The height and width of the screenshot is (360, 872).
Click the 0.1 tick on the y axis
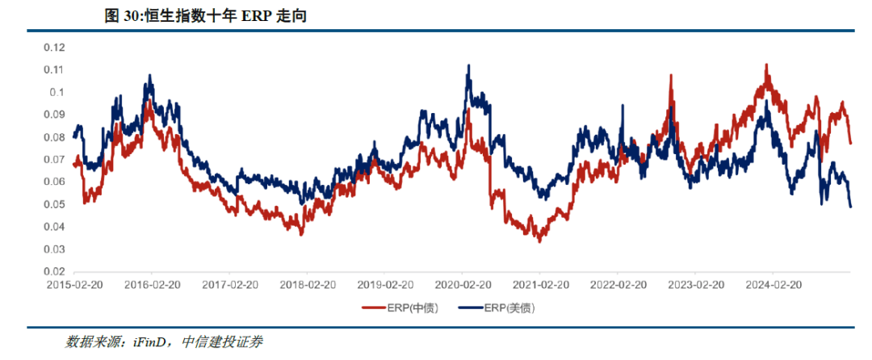tap(56, 92)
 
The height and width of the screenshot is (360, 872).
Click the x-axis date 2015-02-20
tap(74, 286)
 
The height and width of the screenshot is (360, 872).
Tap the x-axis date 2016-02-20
tap(152, 286)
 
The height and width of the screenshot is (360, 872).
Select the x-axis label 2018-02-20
tap(307, 286)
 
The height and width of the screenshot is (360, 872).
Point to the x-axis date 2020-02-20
tap(463, 286)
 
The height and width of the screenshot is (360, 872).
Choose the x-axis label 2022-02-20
tap(618, 286)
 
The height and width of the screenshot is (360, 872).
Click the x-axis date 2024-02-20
tap(773, 286)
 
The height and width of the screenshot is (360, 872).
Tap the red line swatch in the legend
tap(373, 308)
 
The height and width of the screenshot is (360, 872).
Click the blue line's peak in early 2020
tap(468, 66)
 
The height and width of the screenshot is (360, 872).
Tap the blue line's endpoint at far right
tap(850, 207)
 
